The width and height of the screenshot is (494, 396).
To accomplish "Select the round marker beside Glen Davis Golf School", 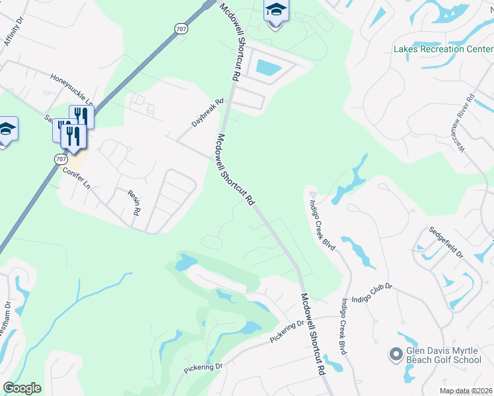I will tap(396, 355).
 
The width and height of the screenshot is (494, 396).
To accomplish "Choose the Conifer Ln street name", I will tap(77, 176).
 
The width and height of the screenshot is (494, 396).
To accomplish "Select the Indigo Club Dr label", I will tap(372, 292).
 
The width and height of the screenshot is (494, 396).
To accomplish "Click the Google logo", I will tap(22, 388).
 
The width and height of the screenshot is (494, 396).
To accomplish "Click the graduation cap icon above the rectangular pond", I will tap(276, 11).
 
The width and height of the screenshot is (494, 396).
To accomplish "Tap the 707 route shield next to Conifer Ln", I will tap(61, 159).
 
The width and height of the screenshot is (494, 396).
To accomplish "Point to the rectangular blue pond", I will tap(267, 67).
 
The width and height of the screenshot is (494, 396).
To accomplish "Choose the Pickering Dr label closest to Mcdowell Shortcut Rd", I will tap(287, 332).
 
